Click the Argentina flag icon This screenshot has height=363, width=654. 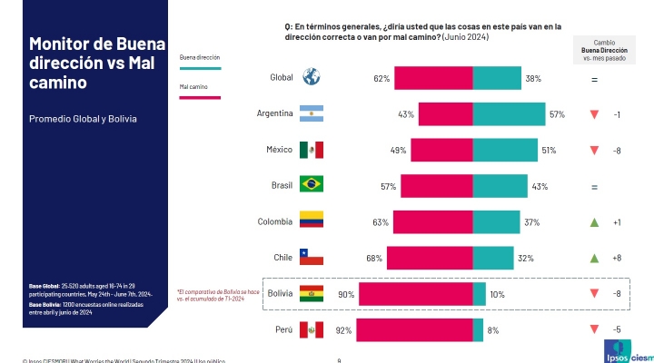click(x=312, y=114)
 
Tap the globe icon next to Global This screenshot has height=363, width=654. click(x=312, y=78)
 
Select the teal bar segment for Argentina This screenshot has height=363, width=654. click(x=509, y=114)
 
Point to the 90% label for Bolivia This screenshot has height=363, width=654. click(x=346, y=295)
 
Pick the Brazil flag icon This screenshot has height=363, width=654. click(x=312, y=186)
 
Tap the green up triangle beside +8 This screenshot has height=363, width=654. click(x=594, y=258)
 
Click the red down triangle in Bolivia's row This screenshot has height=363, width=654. click(x=594, y=294)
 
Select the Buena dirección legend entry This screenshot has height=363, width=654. click(x=201, y=57)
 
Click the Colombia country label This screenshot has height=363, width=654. click(x=274, y=221)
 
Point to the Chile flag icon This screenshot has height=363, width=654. click(x=312, y=258)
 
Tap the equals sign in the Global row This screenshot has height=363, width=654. click(x=594, y=80)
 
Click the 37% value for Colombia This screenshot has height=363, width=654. click(x=532, y=222)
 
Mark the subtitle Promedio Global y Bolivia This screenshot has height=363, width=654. click(x=84, y=119)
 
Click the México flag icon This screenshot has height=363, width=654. click(x=312, y=150)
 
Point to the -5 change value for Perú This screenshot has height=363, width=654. click(x=617, y=330)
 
